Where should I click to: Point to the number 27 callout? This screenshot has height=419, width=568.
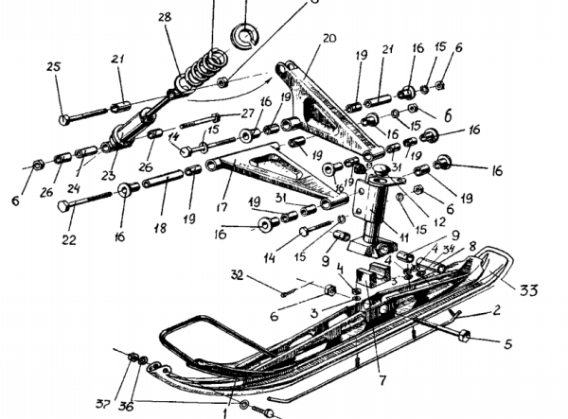[x=248, y=113]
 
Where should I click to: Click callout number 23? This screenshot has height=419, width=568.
[x=109, y=176]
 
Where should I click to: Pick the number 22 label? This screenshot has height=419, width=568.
[x=68, y=240]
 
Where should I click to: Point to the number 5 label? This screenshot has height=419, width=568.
[x=507, y=345]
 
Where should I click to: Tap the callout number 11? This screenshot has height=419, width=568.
[x=403, y=236]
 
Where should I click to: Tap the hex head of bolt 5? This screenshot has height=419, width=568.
[x=465, y=335]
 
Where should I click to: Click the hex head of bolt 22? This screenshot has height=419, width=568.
[x=63, y=205]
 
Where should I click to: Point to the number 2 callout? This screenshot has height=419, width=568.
[x=497, y=309]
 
